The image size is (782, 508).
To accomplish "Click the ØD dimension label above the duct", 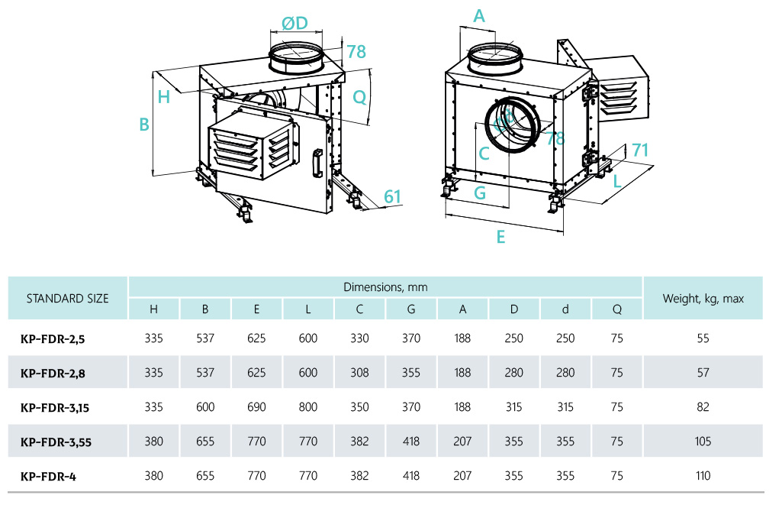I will pos(294,24).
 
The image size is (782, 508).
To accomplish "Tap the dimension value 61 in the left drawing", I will pos(392,196).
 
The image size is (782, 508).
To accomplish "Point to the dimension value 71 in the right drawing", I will pos(639,150).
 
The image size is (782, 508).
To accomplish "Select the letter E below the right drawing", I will pos(500,237).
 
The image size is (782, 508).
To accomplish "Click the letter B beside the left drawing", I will pos(143,125).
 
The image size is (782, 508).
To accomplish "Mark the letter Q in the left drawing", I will pos(359,97).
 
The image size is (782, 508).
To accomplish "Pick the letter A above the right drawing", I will pos(479,15).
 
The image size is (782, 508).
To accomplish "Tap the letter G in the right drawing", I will pos(480,193).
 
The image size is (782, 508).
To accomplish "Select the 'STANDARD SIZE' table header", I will pos(67,299).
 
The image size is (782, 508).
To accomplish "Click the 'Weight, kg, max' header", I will pos(703,299).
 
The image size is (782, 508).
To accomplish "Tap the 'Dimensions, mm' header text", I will pos(385,287).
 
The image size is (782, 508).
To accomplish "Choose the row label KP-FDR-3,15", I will pos(55,407).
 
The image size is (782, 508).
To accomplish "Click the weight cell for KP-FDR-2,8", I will pos(703,373).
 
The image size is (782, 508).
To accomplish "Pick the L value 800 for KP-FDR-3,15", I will pos(307,407).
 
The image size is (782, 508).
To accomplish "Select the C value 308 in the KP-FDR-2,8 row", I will pos(359,373).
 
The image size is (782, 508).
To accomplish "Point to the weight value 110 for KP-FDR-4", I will pos(703,476).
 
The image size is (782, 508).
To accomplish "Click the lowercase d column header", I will pos(565,309).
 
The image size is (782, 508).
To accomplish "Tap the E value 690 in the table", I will pos(256,407).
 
